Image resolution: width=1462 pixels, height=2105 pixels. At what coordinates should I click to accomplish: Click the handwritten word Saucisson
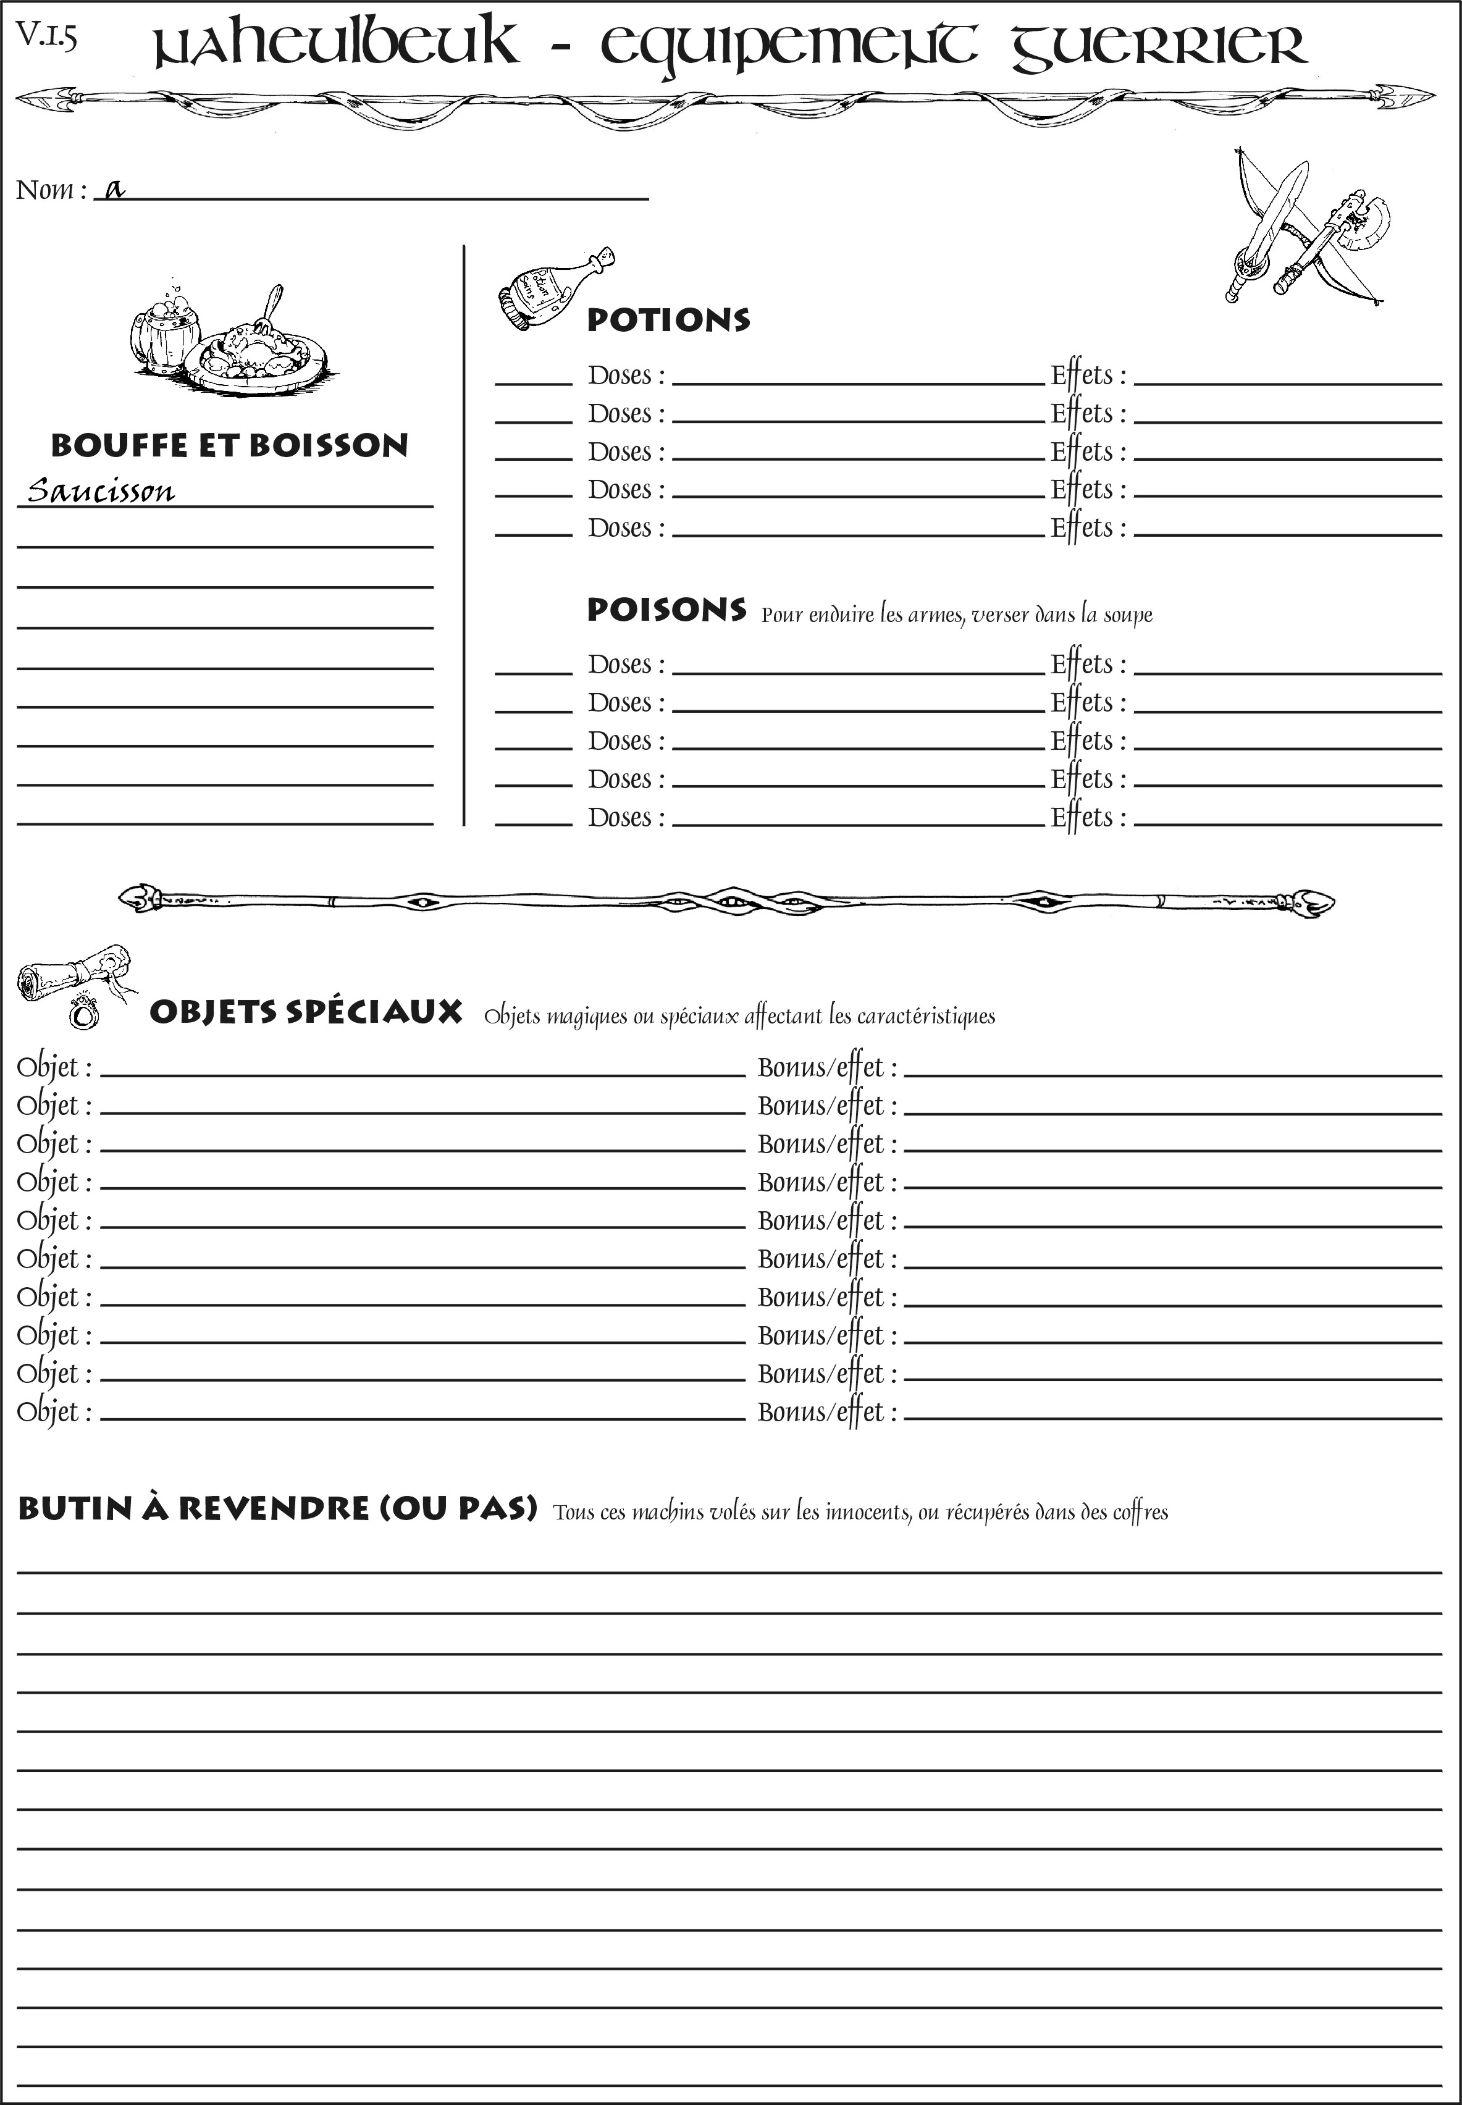101,491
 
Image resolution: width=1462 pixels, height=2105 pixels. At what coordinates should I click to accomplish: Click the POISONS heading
666,610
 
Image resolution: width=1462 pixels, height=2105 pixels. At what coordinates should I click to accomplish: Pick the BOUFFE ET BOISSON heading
229,445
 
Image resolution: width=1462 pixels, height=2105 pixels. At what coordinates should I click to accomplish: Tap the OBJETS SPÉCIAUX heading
305,1012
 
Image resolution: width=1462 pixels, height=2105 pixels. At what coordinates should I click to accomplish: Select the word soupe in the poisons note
1128,616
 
